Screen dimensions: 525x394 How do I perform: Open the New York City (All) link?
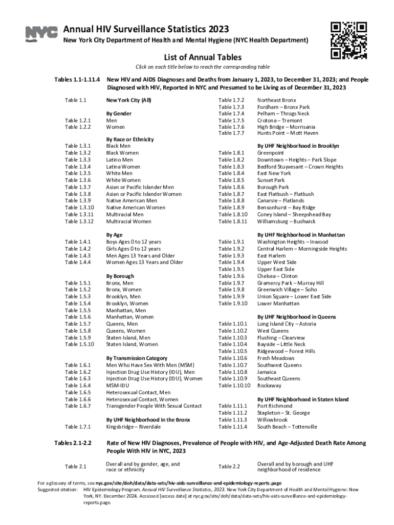128,100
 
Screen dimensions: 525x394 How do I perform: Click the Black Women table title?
122,153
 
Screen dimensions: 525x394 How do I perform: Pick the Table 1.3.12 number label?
79,221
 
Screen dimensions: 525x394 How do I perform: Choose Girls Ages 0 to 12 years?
134,248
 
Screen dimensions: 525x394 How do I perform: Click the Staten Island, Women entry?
132,345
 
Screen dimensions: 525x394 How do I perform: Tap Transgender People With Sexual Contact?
154,406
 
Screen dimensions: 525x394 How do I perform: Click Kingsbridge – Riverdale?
133,427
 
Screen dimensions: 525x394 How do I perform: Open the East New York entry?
275,173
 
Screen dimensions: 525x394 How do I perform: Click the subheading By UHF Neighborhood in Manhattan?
301,235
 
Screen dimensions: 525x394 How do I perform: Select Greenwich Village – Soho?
287,290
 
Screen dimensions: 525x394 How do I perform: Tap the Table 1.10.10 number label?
234,386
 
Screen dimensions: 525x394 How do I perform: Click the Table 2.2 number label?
229,467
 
